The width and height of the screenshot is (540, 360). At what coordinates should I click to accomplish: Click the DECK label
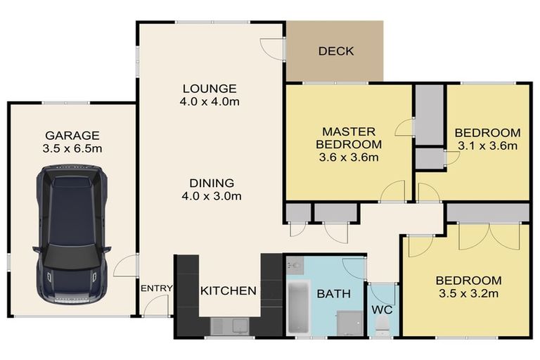click(x=335, y=51)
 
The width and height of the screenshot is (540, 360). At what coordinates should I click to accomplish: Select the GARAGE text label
click(x=72, y=135)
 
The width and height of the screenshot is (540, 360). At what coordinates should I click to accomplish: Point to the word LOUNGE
click(x=210, y=89)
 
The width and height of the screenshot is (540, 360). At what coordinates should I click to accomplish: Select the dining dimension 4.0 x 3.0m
click(x=210, y=196)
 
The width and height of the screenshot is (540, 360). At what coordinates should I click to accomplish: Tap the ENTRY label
click(x=156, y=289)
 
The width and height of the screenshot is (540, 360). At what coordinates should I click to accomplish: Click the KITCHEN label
click(x=229, y=290)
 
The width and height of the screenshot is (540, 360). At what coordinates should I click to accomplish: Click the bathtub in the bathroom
click(x=299, y=307)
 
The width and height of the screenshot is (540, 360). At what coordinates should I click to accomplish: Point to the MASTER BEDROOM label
click(x=349, y=138)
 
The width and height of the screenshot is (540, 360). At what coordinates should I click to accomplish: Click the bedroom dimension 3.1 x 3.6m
click(x=487, y=146)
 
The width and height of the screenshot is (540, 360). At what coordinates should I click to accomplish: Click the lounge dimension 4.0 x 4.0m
click(x=210, y=102)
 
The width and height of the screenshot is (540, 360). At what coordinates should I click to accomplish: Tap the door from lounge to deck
click(x=272, y=48)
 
